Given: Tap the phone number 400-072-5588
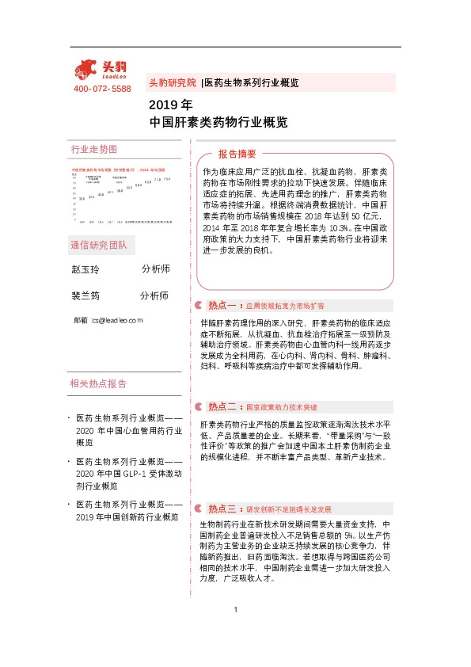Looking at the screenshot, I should tap(102, 89).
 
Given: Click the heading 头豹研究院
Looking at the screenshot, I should tap(173, 82).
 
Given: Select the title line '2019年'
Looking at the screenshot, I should tap(170, 105).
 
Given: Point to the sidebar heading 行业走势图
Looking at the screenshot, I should tap(93, 149).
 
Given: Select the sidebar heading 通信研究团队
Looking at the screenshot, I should tap(98, 245).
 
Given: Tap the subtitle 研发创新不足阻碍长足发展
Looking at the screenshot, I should tap(288, 509).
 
